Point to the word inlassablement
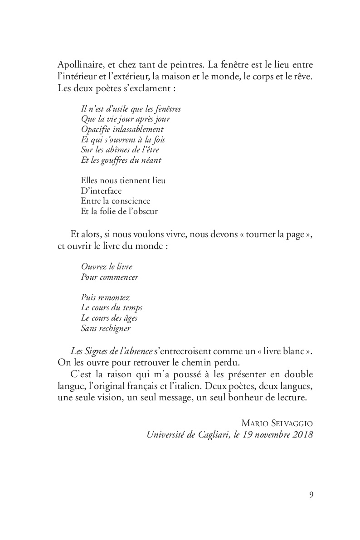pos(135,129)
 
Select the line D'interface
pos(101,191)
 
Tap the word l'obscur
pos(144,211)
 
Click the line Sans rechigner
pos(106,328)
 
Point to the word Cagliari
pos(207,434)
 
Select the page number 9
pos(311,495)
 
